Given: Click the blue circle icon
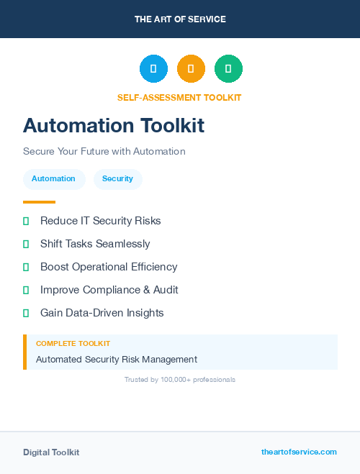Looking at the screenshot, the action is (x=153, y=68).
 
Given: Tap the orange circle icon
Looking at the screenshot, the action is (x=191, y=68).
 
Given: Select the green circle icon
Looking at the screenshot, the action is (x=228, y=68).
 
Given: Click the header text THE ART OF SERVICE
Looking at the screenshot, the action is (x=180, y=19).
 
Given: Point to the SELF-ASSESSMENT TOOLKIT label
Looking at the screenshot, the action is (x=179, y=97).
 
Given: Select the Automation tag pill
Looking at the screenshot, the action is (x=53, y=178).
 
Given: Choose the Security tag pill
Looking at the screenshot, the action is (x=117, y=178).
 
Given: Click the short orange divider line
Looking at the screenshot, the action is (x=39, y=202).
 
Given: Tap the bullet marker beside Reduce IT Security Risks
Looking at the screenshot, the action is (x=26, y=221).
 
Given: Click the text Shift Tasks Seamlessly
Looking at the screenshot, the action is (x=95, y=244).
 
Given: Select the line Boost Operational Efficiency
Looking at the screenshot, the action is (x=109, y=267).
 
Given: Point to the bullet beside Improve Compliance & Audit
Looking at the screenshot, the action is (x=26, y=290).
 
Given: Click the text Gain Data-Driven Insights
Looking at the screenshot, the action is (x=102, y=313).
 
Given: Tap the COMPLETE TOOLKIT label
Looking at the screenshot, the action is (x=73, y=344).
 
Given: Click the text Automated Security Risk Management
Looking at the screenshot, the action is (x=117, y=359).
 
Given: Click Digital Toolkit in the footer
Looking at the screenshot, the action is (x=51, y=452).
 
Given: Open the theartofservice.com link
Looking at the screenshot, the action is (x=299, y=452).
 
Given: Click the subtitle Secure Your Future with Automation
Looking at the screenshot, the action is (x=104, y=152).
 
